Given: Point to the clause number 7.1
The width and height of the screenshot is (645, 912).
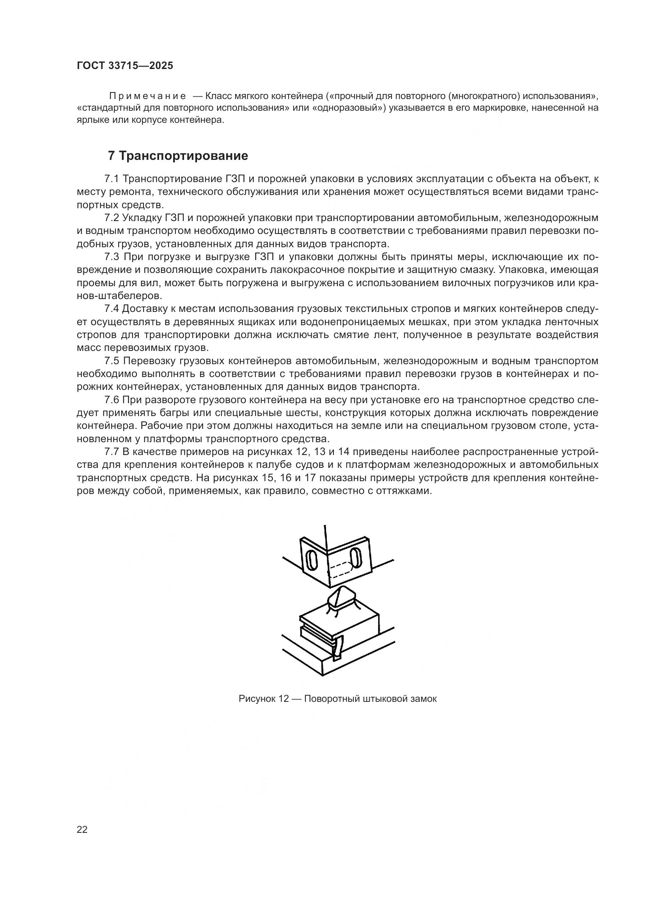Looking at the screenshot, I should (112, 179).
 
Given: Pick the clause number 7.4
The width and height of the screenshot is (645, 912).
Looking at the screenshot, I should (112, 309).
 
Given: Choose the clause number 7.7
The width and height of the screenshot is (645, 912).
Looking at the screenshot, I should (112, 452).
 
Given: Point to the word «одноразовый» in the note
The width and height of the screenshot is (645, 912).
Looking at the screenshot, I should (349, 108).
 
